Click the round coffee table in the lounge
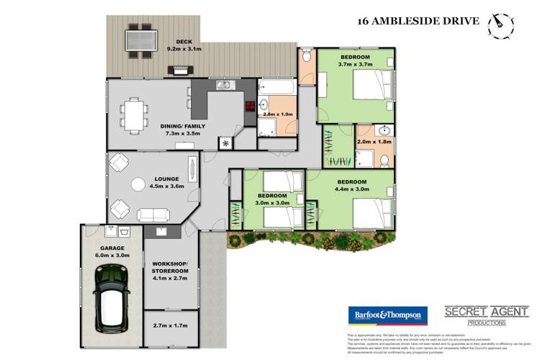pyautogui.click(x=138, y=186)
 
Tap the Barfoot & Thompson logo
pyautogui.click(x=388, y=315)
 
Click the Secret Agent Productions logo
pyautogui.click(x=486, y=315)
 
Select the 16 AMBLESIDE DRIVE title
pyautogui.click(x=418, y=21)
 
